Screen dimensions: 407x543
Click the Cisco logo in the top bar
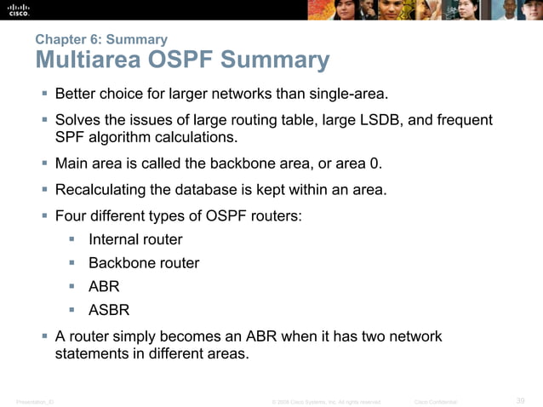pos(19,9)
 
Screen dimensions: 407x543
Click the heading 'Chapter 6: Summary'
pos(101,39)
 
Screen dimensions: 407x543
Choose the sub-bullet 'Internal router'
pos(135,239)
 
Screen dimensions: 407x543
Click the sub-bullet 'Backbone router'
pos(144,263)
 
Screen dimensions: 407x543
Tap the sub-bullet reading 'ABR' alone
pos(104,287)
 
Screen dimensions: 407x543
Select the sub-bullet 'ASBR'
pos(109,311)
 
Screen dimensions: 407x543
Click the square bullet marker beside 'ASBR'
pos(74,311)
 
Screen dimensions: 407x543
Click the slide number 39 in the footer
pos(521,400)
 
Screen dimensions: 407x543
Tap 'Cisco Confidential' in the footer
pos(435,401)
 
